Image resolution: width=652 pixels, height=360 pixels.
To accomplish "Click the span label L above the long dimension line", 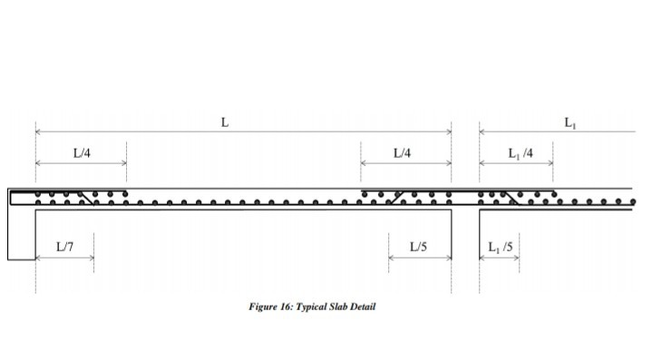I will tap(225, 122).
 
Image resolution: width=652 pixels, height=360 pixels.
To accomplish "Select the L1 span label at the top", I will tap(569, 122).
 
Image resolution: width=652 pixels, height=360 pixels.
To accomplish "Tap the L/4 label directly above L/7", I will tap(82, 153).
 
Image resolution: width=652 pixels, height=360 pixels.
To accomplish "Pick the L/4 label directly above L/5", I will tap(403, 153).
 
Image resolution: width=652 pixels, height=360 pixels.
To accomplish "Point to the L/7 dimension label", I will tap(64, 246).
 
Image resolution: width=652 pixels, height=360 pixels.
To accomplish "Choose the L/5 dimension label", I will tap(418, 246).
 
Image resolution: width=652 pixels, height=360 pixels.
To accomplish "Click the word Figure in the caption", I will tap(263, 306).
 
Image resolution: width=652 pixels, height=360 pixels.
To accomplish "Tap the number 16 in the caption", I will tap(286, 306).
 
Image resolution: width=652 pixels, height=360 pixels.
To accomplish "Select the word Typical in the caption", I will tap(311, 306).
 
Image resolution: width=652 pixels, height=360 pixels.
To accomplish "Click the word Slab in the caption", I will tap(340, 306).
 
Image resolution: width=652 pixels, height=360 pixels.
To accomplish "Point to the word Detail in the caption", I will tap(364, 306).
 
